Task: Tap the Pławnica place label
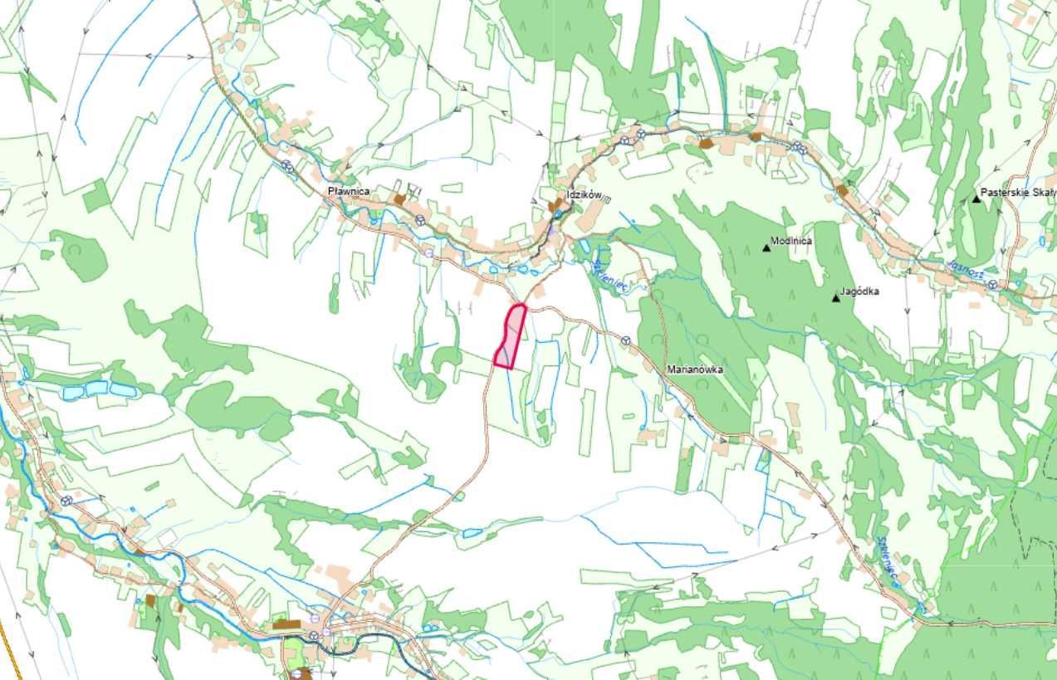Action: (348, 192)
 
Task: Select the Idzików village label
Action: (583, 194)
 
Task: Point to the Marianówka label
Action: (696, 369)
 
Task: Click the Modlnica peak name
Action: (791, 241)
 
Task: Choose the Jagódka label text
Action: (859, 291)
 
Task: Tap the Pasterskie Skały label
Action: (1018, 192)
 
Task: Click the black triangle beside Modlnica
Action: (766, 247)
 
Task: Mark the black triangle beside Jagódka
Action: (835, 298)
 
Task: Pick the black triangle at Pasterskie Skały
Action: (976, 198)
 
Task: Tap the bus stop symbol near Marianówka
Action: (626, 340)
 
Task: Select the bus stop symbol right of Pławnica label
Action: (420, 220)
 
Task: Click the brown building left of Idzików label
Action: (554, 205)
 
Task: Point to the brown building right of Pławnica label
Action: (400, 199)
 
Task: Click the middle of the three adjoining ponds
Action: (96, 388)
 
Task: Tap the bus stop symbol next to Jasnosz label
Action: (992, 283)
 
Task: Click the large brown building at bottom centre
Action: (288, 624)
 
